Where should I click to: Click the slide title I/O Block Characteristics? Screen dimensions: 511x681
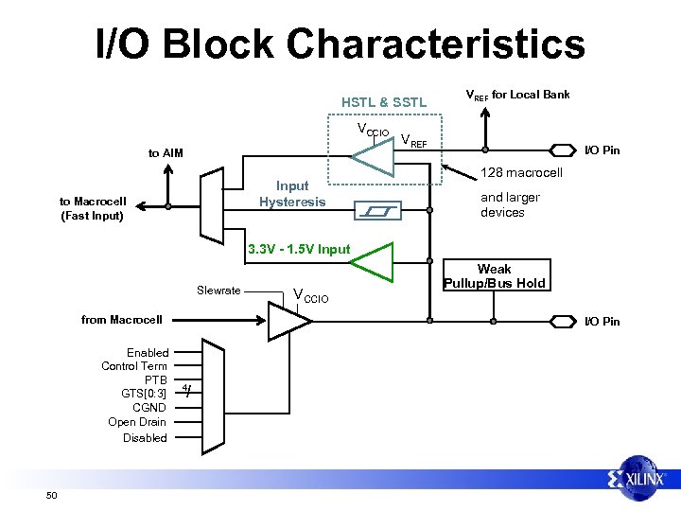[x=340, y=44]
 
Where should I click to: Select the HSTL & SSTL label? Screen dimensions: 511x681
[x=384, y=101]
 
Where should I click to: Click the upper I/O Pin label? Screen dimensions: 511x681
[x=602, y=150]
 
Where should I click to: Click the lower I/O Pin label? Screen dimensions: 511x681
[x=602, y=321]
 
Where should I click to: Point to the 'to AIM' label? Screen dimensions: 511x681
[x=166, y=153]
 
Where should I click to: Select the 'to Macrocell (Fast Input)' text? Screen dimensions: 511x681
[x=93, y=208]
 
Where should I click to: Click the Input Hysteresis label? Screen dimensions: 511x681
[x=292, y=194]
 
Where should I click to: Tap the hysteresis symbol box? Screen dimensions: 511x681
[x=376, y=210]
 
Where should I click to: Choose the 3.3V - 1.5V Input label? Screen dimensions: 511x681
[x=298, y=250]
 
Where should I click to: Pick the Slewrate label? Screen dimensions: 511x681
[x=218, y=290]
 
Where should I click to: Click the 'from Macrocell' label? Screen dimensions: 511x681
[x=122, y=320]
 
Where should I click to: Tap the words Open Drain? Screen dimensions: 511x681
[x=137, y=422]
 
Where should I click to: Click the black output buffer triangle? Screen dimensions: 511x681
[x=288, y=322]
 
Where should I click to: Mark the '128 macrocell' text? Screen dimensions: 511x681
[x=521, y=173]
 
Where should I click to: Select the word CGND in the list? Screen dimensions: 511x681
[x=149, y=408]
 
